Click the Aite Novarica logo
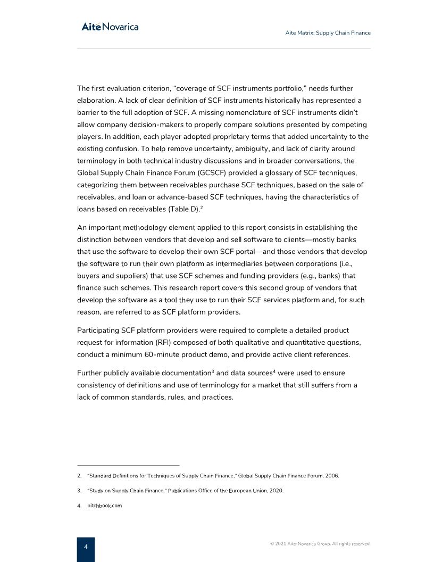pos(110,27)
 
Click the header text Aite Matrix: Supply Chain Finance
pos(328,33)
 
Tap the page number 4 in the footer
pos(86,547)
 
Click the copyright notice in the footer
pos(320,544)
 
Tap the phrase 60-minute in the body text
pos(157,354)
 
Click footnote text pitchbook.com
pos(104,506)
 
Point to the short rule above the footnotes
pos(128,465)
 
